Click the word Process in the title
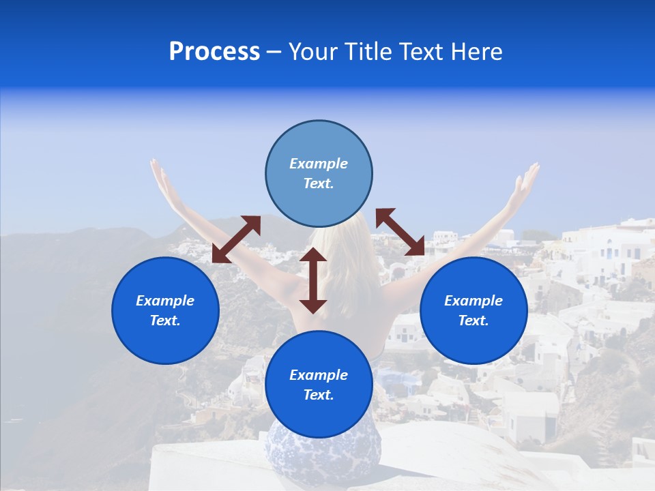pos(214,52)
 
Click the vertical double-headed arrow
pos(313,280)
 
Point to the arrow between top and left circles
pos(236,239)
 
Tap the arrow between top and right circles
pos(400,232)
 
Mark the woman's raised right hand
pos(528,179)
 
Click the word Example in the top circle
pos(319,164)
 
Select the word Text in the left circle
pos(165,321)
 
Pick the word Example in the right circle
pos(474,301)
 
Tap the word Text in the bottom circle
pos(319,395)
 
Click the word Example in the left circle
pos(165,301)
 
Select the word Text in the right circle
pos(474,321)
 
